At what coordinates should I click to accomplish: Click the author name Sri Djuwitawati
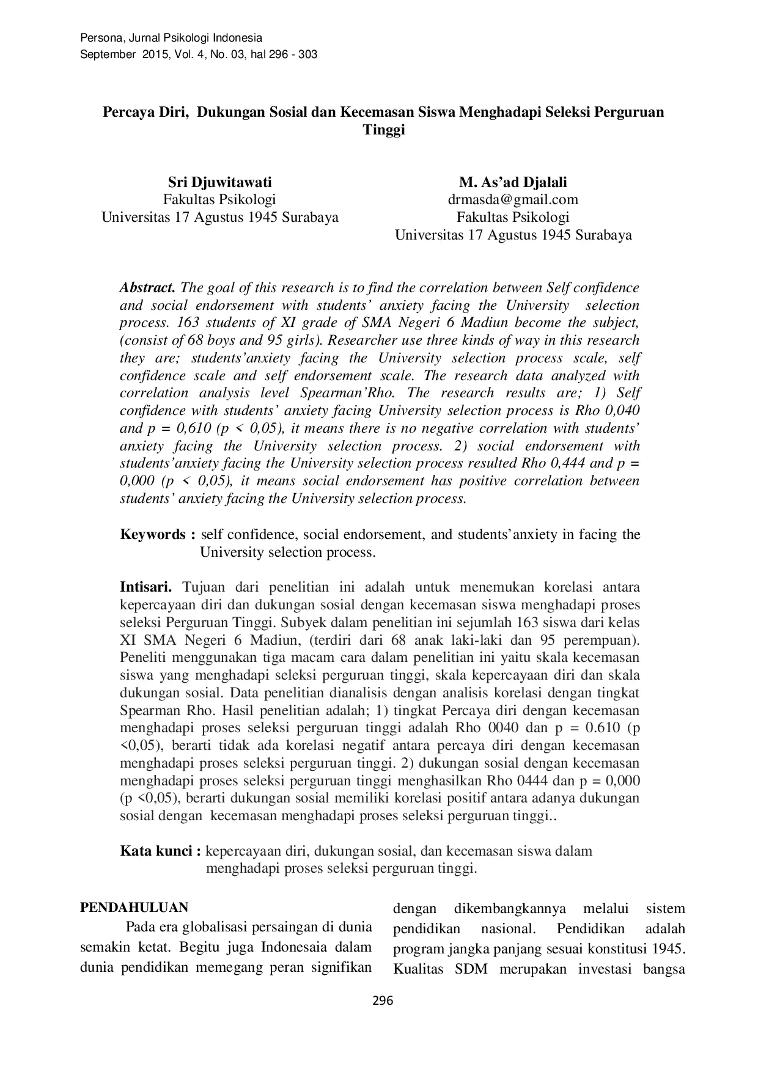[219, 182]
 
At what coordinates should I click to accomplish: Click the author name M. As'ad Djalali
[513, 182]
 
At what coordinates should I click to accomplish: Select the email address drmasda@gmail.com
[513, 199]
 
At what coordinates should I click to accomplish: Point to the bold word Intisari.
[146, 587]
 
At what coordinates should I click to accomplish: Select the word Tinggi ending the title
[384, 130]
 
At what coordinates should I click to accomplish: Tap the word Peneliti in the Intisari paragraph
[144, 658]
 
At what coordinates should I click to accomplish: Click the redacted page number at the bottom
[384, 1000]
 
